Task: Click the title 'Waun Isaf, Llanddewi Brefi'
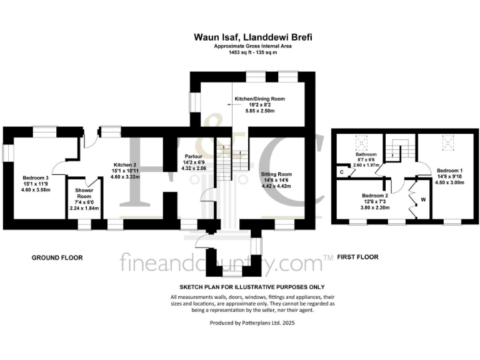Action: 254,37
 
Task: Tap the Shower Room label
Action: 84,193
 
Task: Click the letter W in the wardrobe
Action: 424,201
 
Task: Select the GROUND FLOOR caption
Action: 57,257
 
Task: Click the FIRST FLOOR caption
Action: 357,257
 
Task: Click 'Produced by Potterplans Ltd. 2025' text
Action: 253,323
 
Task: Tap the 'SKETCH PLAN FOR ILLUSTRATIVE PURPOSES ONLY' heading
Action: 253,286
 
